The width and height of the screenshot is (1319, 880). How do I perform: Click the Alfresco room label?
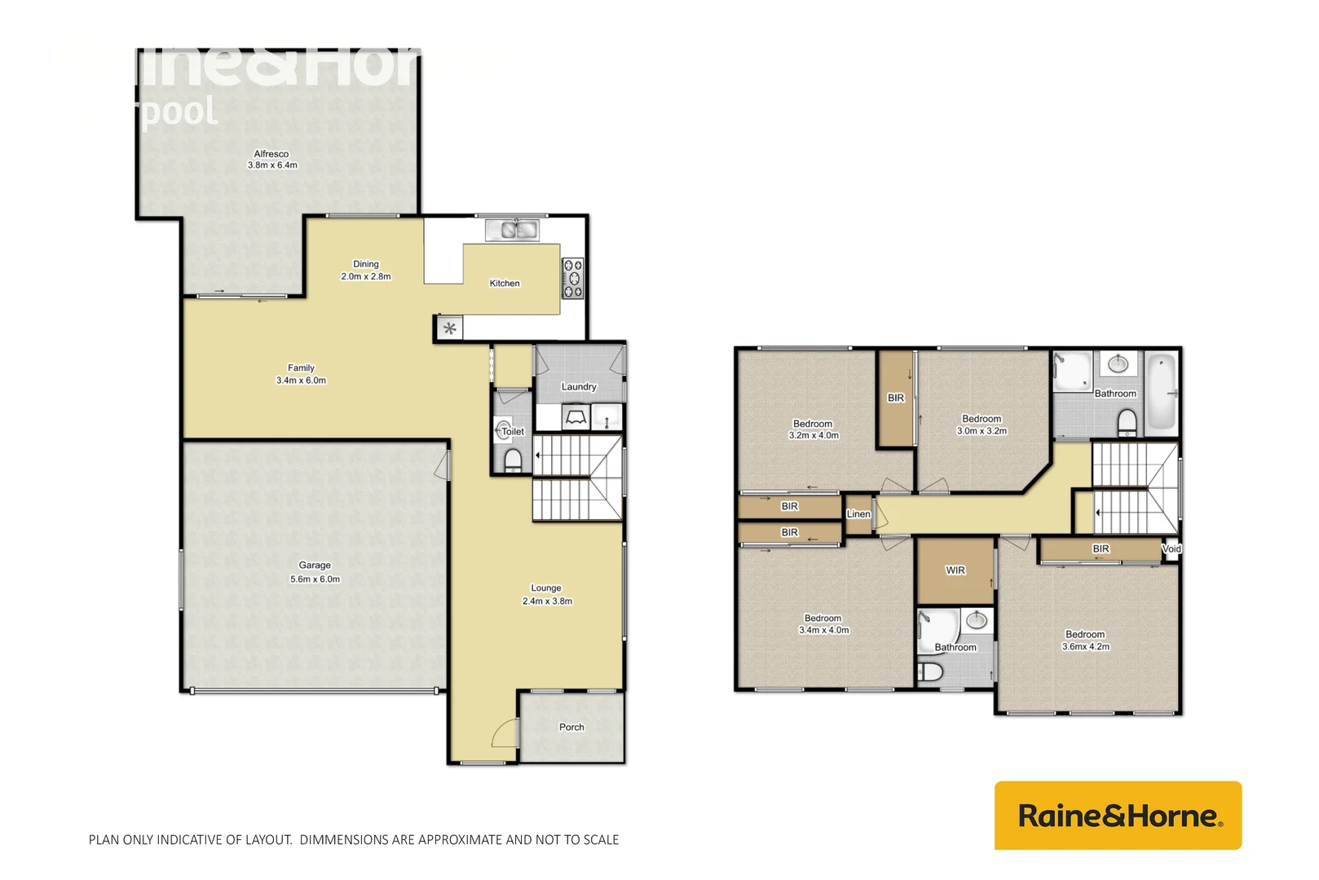click(271, 159)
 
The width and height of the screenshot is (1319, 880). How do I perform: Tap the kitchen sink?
click(512, 231)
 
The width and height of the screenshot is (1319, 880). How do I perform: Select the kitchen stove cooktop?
click(573, 278)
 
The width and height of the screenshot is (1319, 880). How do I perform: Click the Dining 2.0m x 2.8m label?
click(366, 270)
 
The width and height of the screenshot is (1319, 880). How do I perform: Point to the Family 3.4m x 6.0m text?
click(301, 374)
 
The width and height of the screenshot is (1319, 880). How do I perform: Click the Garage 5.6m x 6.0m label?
click(315, 572)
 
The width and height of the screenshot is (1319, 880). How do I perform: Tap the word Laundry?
click(579, 387)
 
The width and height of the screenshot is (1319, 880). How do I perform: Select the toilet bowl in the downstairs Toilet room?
click(513, 460)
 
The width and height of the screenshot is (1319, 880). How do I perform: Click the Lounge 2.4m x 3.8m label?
click(546, 595)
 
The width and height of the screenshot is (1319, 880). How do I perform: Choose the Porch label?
click(571, 728)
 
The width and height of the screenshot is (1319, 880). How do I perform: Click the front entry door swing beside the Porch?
click(505, 734)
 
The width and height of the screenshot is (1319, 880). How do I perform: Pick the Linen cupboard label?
click(858, 514)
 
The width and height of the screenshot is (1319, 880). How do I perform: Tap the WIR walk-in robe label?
click(955, 570)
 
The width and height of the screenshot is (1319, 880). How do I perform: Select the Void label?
click(1171, 549)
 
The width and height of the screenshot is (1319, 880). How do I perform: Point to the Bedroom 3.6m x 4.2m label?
click(1085, 640)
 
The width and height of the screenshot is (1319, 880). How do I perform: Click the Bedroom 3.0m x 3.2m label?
click(982, 425)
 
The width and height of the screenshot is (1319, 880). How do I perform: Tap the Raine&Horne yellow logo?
click(1118, 816)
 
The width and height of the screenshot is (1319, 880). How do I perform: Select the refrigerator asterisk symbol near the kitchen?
click(449, 329)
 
